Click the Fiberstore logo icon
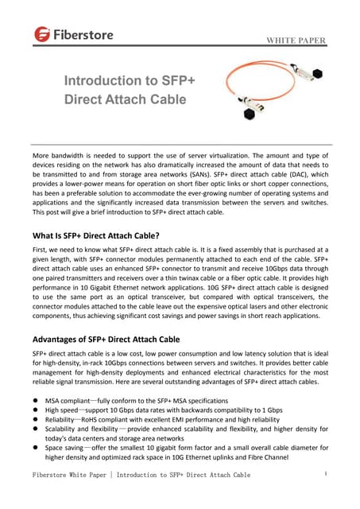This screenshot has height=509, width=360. click(x=42, y=34)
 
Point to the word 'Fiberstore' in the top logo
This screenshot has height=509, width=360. click(x=83, y=34)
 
